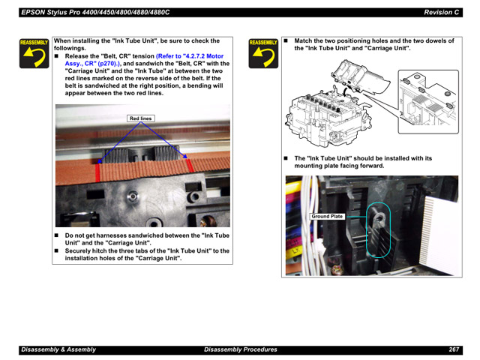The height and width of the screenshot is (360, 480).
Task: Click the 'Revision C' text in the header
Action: click(441, 12)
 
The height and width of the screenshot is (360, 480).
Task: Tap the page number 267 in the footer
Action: click(454, 349)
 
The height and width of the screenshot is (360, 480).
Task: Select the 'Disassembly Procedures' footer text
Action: click(240, 349)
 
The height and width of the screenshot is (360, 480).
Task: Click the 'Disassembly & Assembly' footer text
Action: click(58, 349)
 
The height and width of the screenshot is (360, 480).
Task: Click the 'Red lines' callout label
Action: click(141, 118)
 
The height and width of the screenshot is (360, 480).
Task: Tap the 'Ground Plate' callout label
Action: click(327, 216)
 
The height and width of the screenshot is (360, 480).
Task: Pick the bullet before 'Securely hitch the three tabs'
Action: click(58, 250)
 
